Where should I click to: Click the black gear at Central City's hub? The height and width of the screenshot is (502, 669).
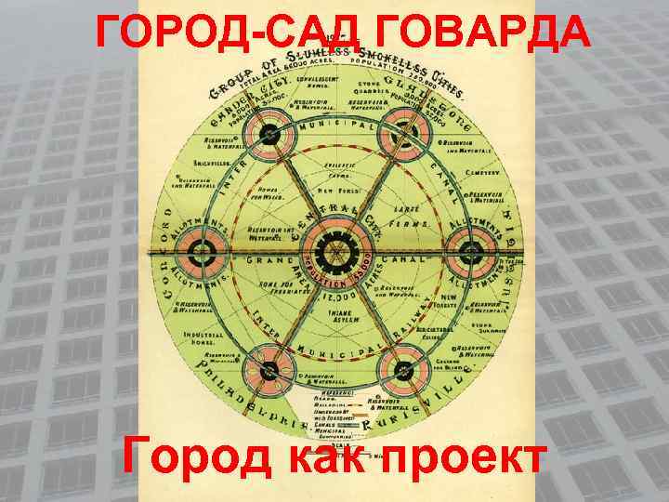pyautogui.click(x=332, y=249)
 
